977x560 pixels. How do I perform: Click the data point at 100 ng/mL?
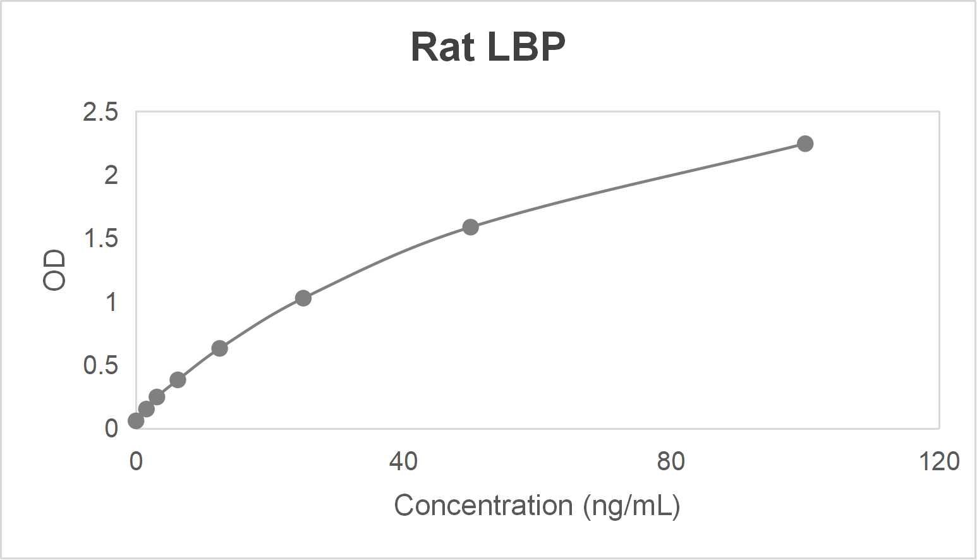point(804,143)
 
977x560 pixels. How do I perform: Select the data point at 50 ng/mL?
point(470,227)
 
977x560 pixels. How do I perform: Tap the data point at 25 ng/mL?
point(303,298)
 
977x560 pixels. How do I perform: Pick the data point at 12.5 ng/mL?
point(219,348)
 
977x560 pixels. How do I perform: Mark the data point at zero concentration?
point(136,420)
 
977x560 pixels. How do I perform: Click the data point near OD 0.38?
point(178,380)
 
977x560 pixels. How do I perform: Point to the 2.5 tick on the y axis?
point(100,113)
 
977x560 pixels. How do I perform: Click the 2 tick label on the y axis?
point(111,176)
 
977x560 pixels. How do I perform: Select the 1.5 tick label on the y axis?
point(100,239)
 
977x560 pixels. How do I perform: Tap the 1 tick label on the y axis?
point(111,302)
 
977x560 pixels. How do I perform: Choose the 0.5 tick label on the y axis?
point(100,365)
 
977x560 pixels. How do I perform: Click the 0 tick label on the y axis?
point(111,429)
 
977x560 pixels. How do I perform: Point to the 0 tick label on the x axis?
point(136,461)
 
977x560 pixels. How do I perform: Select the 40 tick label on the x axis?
point(403,461)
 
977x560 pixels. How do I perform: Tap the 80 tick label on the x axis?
point(671,461)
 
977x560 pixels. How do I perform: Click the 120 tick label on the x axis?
point(938,461)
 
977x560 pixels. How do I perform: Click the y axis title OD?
point(55,270)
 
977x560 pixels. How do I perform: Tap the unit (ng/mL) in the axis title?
point(631,506)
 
